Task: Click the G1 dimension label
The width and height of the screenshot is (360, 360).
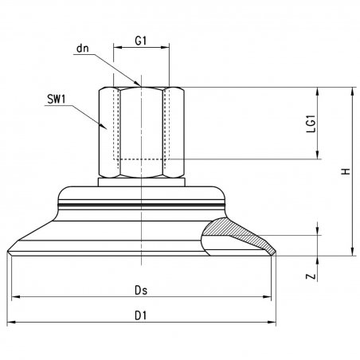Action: pos(141,41)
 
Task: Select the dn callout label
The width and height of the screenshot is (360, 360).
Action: pos(83,49)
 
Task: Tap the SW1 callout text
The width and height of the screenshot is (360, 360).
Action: pos(57,100)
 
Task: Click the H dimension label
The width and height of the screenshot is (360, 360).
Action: pos(346,171)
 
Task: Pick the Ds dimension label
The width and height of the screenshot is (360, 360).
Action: pos(141,290)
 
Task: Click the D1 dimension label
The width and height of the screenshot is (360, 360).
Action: pos(141,316)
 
